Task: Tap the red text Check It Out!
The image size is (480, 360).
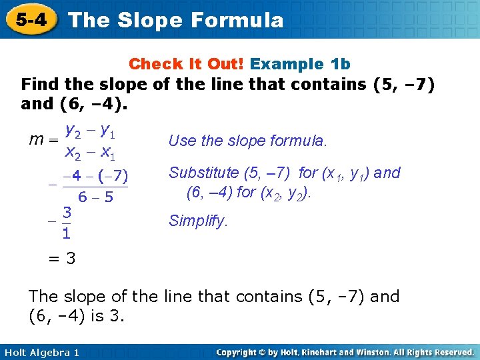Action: point(187,64)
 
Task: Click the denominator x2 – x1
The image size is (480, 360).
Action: point(90,153)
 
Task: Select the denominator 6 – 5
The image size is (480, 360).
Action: point(95,197)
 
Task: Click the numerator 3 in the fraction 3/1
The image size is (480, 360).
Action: point(67,213)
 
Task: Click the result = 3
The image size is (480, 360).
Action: point(61,258)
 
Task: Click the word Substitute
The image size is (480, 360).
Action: point(203,173)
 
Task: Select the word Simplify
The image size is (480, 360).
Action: point(198,220)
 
